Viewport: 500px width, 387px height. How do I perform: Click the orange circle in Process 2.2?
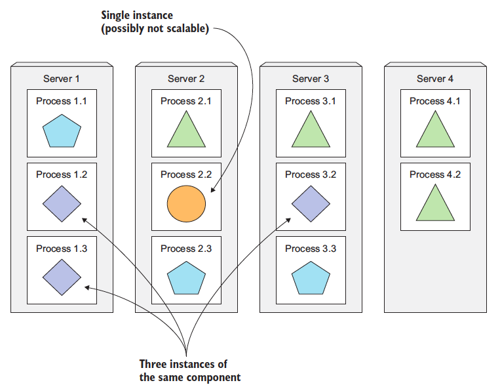point(186,204)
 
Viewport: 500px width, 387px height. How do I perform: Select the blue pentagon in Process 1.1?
point(62,131)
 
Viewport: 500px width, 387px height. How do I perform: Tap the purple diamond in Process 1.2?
point(62,204)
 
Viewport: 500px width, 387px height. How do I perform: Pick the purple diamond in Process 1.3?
point(62,277)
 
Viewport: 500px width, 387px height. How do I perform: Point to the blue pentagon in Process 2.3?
point(186,278)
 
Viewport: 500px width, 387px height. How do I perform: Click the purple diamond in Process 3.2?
point(311,204)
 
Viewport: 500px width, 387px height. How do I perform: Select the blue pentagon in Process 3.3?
point(311,278)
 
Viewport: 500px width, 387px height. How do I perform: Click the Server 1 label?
point(61,79)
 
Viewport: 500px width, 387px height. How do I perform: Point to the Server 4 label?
point(435,79)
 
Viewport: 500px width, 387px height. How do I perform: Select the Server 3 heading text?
point(311,79)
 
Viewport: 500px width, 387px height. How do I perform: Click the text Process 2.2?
point(186,174)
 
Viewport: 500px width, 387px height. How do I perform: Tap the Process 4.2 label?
point(435,174)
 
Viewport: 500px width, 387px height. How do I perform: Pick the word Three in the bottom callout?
point(151,364)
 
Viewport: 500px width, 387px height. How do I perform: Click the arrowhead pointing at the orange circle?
point(213,190)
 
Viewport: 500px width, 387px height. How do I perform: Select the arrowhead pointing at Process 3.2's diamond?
point(288,220)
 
